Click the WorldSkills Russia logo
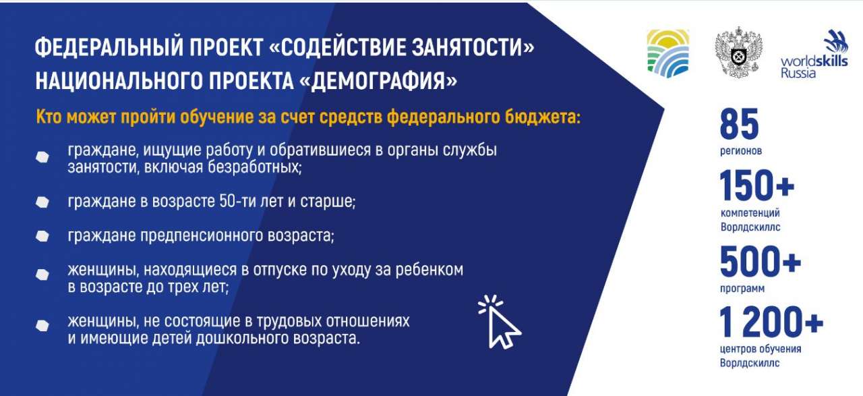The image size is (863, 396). click(x=814, y=54)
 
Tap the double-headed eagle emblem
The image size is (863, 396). click(x=739, y=53)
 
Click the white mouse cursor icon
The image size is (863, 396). click(x=500, y=322)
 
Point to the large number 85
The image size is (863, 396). click(x=739, y=124)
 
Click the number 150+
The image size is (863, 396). click(x=756, y=186)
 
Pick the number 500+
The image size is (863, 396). click(x=760, y=262)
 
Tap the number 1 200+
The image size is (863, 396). click(x=771, y=322)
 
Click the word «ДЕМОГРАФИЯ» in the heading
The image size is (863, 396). click(x=378, y=82)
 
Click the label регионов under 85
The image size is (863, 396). click(x=741, y=150)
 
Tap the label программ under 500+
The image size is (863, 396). click(x=742, y=289)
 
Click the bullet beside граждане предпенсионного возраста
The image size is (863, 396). click(x=42, y=236)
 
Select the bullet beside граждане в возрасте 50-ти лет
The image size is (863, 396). click(x=42, y=202)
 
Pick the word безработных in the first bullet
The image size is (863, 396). click(x=255, y=167)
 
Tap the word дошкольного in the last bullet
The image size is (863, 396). click(x=242, y=338)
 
